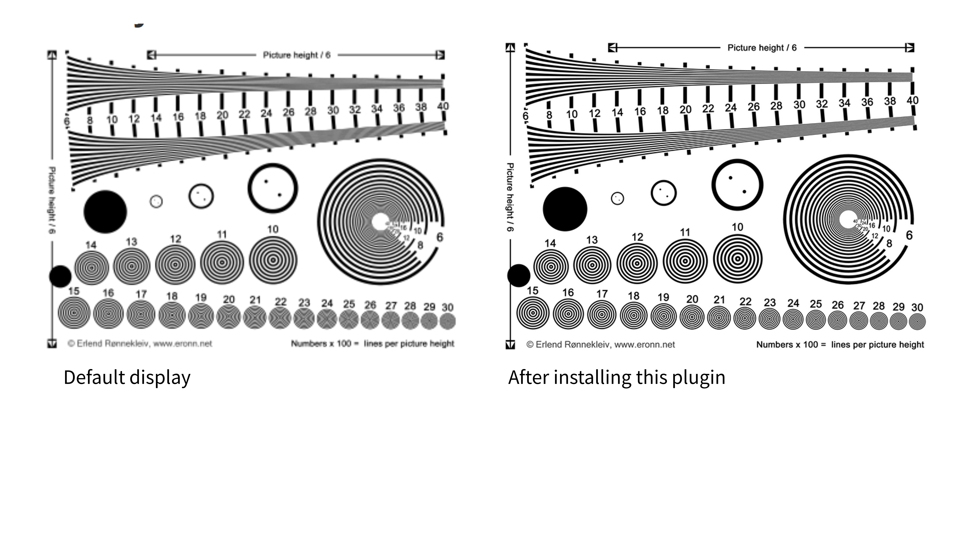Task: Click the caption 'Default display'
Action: point(127,378)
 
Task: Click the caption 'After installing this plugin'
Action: point(616,378)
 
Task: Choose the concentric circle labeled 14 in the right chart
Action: point(551,267)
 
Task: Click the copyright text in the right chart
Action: point(600,345)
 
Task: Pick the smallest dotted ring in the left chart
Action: point(156,201)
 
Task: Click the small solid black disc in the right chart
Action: point(519,275)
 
